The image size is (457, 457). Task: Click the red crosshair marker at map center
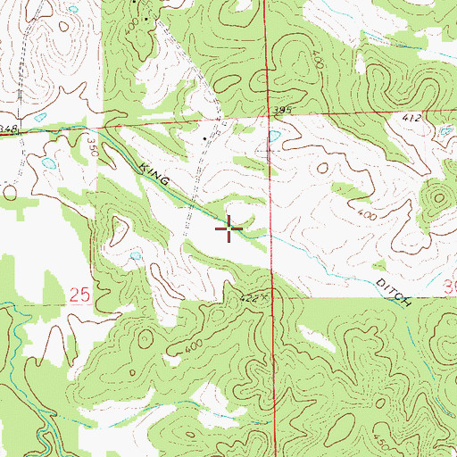click(x=229, y=229)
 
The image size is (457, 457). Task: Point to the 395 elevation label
click(x=283, y=110)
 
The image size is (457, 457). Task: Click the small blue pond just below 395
click(x=274, y=136)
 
